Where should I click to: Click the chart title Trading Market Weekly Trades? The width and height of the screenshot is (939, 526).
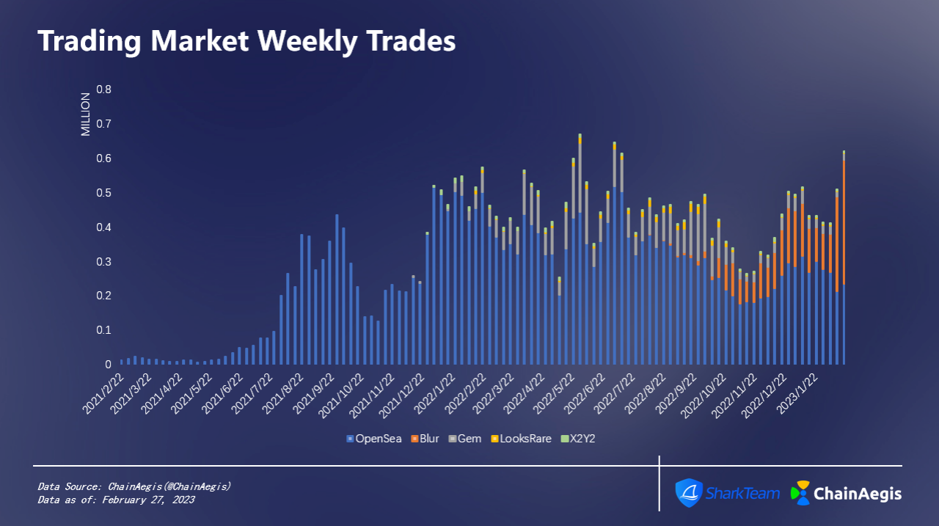point(246,41)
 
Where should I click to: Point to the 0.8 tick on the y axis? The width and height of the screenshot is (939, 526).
point(104,90)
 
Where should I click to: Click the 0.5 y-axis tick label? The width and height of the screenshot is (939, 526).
point(104,193)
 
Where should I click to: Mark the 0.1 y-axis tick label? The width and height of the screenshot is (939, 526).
point(104,330)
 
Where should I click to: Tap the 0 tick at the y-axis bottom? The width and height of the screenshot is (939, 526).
point(108,365)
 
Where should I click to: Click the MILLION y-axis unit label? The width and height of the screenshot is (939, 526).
point(85,114)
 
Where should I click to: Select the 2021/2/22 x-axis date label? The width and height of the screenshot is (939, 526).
point(101,393)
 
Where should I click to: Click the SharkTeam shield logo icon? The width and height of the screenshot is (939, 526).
point(689,493)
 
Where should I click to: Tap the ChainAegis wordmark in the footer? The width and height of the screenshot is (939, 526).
point(858,494)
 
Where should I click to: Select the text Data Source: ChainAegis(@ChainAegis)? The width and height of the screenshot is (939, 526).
point(134,486)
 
